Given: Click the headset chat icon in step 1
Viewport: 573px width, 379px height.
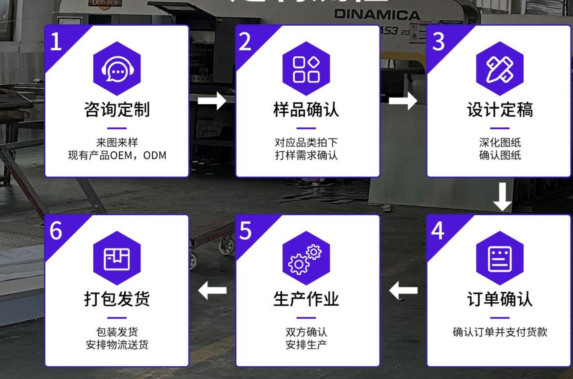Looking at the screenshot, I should coord(117,69).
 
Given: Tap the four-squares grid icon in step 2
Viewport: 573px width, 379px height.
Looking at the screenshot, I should coord(306,69).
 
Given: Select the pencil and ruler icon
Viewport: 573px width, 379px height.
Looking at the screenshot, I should coord(500,69).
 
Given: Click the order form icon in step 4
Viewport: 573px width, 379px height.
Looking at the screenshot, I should coord(500,259).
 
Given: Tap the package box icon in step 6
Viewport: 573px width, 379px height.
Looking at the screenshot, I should coord(117,259).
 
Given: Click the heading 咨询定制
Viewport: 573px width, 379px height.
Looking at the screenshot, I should coord(117,109).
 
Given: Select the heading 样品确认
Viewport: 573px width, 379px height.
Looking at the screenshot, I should coord(306,109).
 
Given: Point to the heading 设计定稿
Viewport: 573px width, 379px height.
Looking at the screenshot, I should coord(500,109).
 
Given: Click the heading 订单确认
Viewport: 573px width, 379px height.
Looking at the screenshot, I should coord(500,299).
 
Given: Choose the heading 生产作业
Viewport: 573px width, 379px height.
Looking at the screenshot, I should coord(306,299).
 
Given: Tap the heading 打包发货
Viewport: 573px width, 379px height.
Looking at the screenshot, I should coord(117,299).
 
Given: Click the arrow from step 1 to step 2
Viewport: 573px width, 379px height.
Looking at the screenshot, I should coord(212,101).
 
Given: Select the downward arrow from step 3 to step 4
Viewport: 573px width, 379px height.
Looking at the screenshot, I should coord(503,197).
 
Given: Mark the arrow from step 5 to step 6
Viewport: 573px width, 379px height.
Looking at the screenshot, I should coord(212,290).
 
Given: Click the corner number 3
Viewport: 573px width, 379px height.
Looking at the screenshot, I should coord(438,41).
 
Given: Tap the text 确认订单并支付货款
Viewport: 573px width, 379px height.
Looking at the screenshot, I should coord(500,332).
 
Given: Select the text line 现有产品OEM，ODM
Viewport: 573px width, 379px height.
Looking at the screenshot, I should coord(117,155).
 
